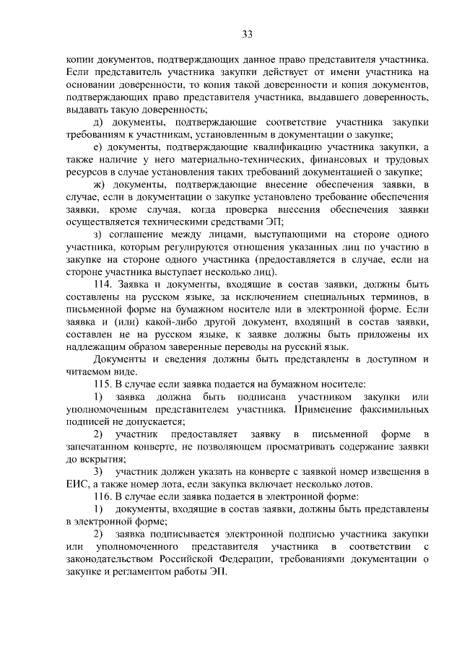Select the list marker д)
tap(100, 123)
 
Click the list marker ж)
tap(100, 185)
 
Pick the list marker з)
tap(99, 235)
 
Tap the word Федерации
tap(276, 559)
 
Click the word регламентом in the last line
tap(135, 571)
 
